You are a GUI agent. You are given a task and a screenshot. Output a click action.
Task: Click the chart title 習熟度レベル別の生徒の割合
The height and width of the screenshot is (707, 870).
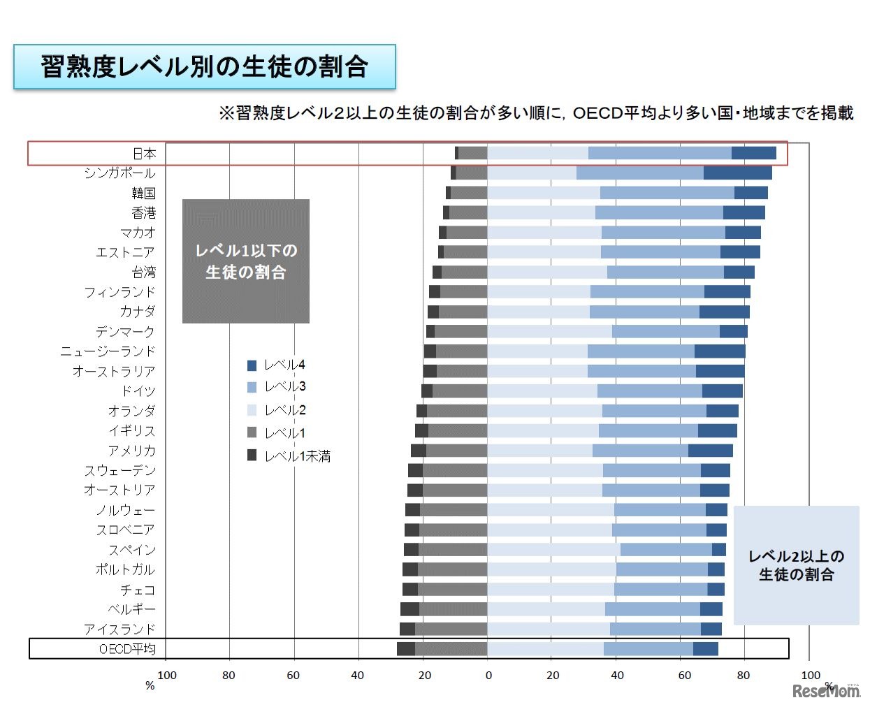coord(204,67)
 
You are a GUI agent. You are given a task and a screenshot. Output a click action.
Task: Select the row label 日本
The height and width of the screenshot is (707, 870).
coord(145,154)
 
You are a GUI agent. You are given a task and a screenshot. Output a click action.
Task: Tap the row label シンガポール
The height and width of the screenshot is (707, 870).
coord(119,173)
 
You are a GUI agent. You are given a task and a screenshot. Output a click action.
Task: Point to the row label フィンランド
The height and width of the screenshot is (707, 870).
coord(119,292)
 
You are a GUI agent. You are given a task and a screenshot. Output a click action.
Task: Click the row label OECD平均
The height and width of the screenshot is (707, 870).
coord(127,649)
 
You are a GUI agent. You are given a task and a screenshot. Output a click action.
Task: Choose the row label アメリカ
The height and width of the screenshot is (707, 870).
coord(131,451)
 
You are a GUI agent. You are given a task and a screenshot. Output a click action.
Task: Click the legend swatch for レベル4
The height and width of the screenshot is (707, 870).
coord(252,365)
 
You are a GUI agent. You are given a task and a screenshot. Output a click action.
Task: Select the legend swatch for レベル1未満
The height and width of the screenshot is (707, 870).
coord(252,455)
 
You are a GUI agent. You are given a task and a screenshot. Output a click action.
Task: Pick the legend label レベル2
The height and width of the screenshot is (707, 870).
coord(285,410)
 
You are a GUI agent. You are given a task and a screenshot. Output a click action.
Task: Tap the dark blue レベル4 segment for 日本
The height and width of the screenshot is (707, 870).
coord(753,154)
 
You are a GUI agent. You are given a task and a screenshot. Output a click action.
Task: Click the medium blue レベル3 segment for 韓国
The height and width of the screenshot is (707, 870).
coord(667,193)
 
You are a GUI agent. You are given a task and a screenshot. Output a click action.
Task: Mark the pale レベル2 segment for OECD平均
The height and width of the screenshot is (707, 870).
coord(545,649)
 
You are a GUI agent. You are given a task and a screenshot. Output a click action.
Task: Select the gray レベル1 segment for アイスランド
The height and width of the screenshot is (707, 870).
coord(451,629)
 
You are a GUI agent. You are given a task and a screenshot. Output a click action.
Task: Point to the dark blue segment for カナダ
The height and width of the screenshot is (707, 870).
coord(724,312)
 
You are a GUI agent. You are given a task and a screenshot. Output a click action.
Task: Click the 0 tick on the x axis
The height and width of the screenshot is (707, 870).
coord(488,675)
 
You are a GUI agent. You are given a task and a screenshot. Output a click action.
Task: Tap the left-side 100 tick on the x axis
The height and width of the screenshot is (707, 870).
coord(167,675)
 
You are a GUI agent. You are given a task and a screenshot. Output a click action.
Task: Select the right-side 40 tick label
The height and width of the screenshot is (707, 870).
coord(617,675)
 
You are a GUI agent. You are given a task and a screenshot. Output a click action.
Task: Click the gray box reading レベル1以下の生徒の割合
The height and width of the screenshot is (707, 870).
coord(246,261)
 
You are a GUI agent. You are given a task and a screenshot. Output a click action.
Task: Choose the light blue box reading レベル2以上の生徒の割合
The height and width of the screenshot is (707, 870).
coord(796,565)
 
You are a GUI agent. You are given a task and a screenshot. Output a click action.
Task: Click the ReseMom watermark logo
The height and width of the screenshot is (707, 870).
coord(826,690)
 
